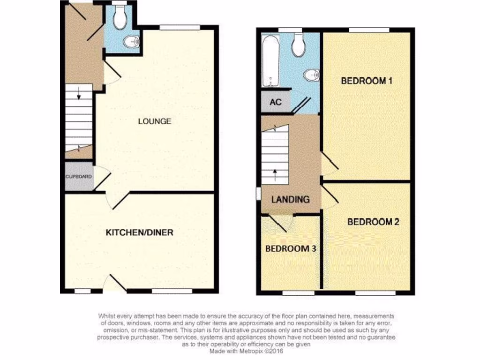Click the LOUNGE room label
(154, 121)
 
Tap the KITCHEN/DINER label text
(139, 232)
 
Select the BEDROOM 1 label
(366, 81)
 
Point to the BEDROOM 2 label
(373, 222)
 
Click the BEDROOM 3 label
(291, 248)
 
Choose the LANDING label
(291, 199)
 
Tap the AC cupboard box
(275, 101)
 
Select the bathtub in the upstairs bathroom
(270, 61)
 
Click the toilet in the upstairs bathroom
(298, 45)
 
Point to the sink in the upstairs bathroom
(312, 75)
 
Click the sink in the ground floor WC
(132, 42)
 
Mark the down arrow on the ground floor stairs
(78, 94)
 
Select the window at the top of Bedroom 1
(368, 30)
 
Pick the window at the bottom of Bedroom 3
(298, 293)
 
